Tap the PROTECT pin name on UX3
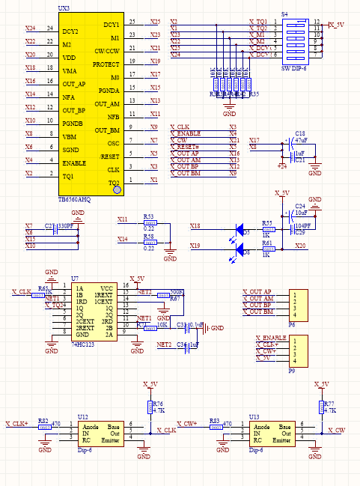pyautogui.click(x=106, y=64)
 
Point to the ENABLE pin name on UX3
pyautogui.click(x=74, y=162)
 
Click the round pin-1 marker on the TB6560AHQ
pyautogui.click(x=117, y=190)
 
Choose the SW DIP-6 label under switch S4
pyautogui.click(x=295, y=69)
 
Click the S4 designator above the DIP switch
pyautogui.click(x=284, y=13)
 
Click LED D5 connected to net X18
pyautogui.click(x=240, y=229)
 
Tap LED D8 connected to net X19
pyautogui.click(x=240, y=249)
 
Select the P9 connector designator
pyautogui.click(x=291, y=370)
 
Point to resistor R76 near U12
pyautogui.click(x=148, y=407)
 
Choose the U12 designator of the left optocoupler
pyautogui.click(x=82, y=416)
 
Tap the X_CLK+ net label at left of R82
pyautogui.click(x=17, y=423)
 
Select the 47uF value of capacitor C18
pyautogui.click(x=302, y=140)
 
